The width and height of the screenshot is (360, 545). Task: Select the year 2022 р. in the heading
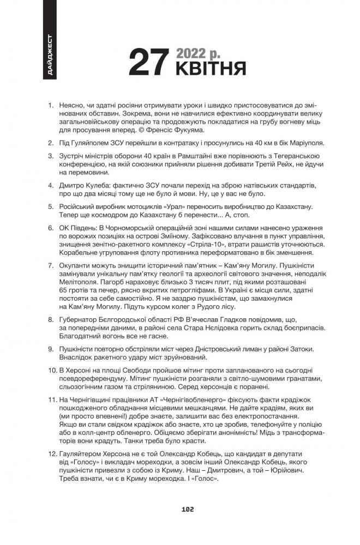(x=198, y=53)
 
